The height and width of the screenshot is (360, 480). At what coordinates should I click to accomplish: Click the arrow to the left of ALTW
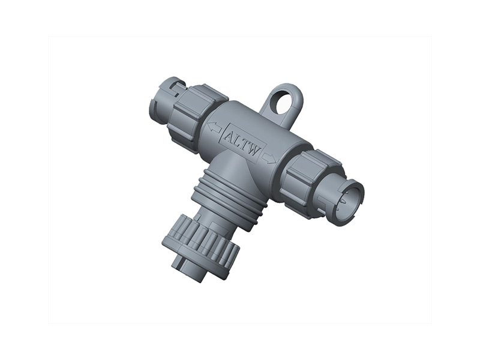[213, 127]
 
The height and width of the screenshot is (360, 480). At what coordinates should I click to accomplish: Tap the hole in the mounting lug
[283, 100]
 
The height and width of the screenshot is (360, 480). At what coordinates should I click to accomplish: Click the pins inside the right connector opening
[350, 202]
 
